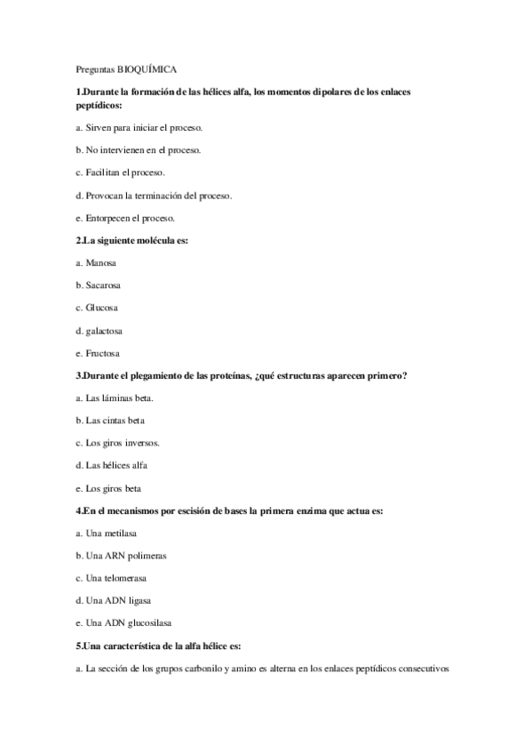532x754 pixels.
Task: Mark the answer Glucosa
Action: click(98, 308)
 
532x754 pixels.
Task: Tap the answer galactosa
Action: click(99, 331)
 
